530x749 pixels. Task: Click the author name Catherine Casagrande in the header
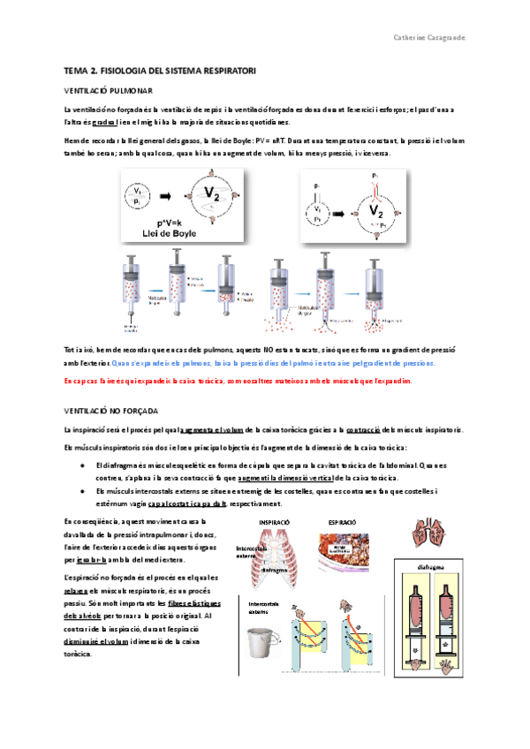[431, 38]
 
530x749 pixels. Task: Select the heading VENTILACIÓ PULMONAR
[109, 90]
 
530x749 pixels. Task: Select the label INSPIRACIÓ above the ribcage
[274, 523]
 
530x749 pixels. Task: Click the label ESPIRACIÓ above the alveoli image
[341, 523]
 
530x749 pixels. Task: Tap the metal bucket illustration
[260, 639]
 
